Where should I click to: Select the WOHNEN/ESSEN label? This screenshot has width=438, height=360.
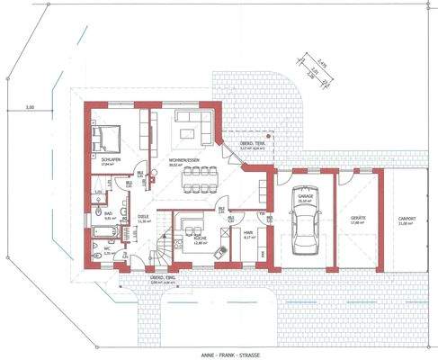coord(183,160)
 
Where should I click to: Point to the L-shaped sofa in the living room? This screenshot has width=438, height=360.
coord(192,123)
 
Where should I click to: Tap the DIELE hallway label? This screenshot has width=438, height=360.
coord(143,217)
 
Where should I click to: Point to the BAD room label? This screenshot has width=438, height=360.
coord(108,213)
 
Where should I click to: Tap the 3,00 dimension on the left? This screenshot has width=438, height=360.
coord(30,107)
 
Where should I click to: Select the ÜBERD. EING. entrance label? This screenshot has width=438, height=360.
coord(161,277)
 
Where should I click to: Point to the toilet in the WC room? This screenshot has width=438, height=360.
coord(96,255)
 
